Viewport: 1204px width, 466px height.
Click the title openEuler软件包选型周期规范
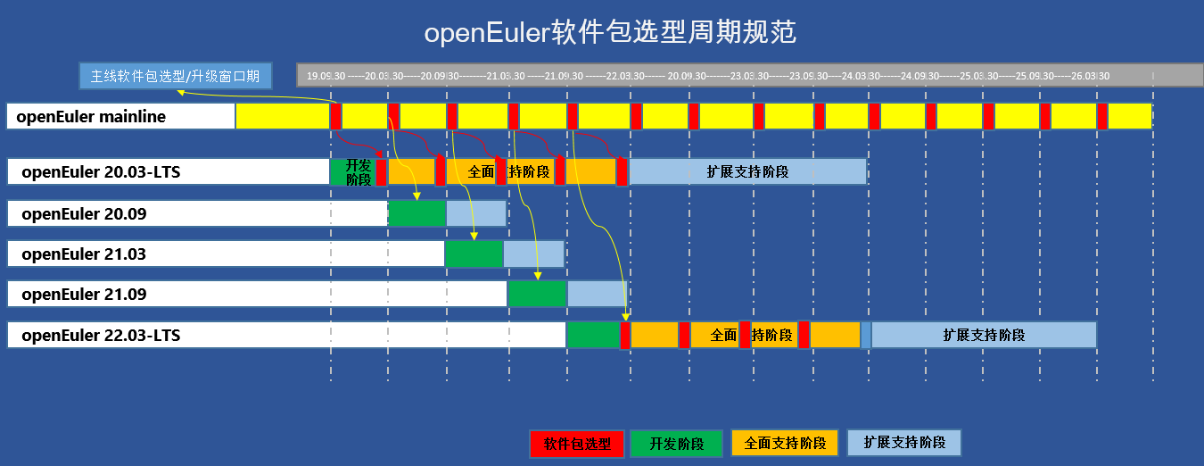pyautogui.click(x=610, y=33)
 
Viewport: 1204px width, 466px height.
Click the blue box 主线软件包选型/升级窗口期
pyautogui.click(x=176, y=76)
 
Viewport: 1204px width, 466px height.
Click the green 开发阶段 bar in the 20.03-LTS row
pyautogui.click(x=353, y=171)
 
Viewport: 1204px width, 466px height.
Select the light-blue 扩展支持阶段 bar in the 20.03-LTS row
pyautogui.click(x=747, y=171)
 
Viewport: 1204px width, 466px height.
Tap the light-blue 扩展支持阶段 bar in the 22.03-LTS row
pyautogui.click(x=983, y=335)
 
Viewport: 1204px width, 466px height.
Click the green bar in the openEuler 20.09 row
pyautogui.click(x=416, y=213)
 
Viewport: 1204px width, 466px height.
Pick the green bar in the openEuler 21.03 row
pyautogui.click(x=474, y=254)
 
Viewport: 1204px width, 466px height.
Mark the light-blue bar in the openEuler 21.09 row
pyautogui.click(x=597, y=294)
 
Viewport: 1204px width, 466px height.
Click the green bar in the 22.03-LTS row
pyautogui.click(x=593, y=335)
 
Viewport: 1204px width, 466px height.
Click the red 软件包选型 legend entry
pyautogui.click(x=577, y=443)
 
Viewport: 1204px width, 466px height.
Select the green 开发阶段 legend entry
pyautogui.click(x=676, y=443)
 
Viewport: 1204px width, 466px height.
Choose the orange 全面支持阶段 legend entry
pyautogui.click(x=785, y=443)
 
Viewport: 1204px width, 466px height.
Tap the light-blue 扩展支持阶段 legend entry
pyautogui.click(x=903, y=442)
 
